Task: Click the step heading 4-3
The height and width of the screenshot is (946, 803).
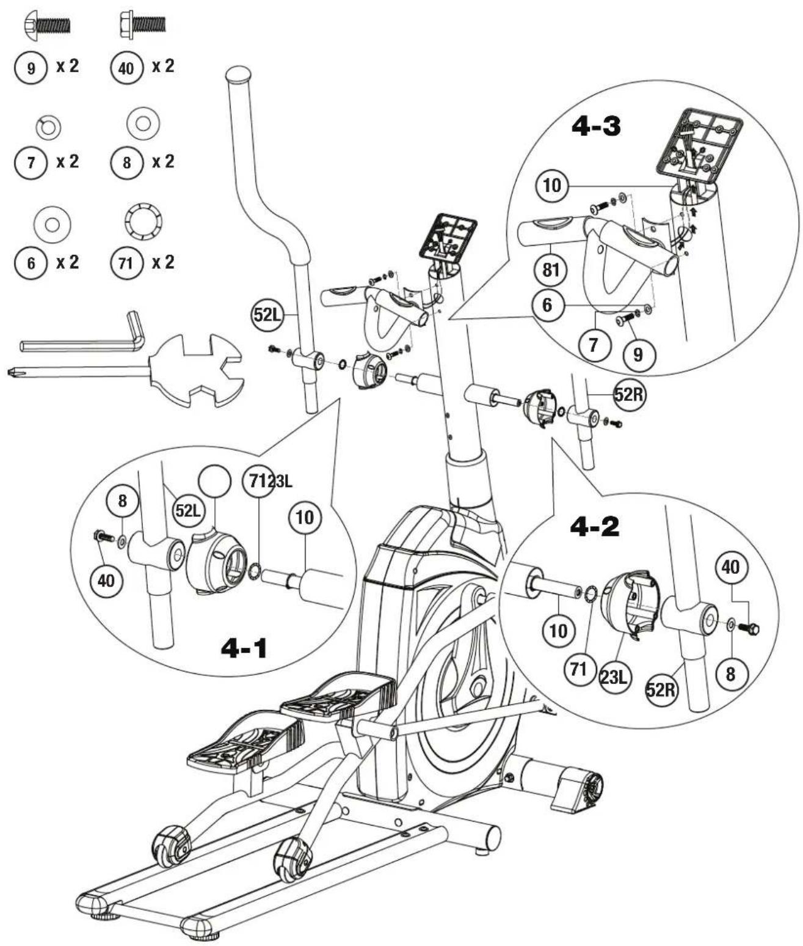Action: pos(596,126)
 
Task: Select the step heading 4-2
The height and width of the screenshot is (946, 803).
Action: pos(595,527)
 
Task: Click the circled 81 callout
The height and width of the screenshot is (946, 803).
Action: pos(551,270)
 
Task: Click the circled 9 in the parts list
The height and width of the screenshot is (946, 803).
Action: pos(31,68)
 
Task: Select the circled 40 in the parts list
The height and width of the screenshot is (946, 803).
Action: pos(126,68)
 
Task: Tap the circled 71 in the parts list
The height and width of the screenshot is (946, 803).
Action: pos(126,263)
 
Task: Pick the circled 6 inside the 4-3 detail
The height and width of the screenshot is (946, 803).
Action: pos(548,305)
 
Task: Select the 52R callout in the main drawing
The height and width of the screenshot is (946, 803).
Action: pos(629,394)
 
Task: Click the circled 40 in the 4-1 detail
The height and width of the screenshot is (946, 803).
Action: pos(106,581)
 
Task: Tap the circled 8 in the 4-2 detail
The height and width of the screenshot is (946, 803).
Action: pos(731,674)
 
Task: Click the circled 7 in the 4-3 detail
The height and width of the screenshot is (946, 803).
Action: pos(594,344)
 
